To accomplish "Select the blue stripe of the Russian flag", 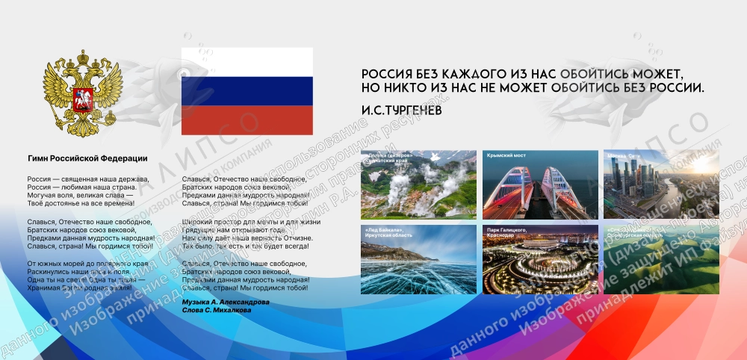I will [x=247, y=90].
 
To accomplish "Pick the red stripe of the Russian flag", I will [x=247, y=120].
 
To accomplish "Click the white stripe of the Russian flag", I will [x=247, y=61].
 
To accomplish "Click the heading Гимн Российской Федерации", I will [x=87, y=158].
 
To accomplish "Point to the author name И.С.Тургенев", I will [x=401, y=110].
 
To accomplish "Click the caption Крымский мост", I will [x=506, y=156].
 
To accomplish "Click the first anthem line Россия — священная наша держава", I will [x=88, y=179].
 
